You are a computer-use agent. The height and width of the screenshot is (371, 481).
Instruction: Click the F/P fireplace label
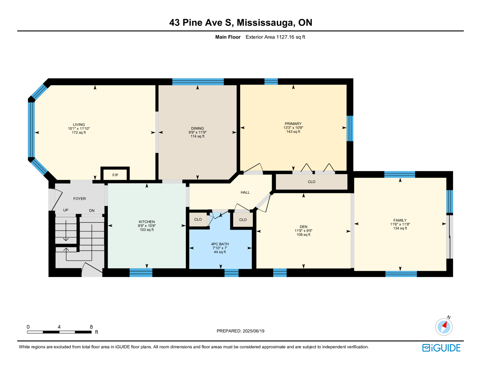click(115, 175)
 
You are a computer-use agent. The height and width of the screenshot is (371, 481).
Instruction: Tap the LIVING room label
click(79, 125)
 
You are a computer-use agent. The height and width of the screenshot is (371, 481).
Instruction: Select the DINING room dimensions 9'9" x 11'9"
click(198, 132)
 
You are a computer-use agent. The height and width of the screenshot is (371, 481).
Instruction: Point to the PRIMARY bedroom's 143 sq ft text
click(293, 132)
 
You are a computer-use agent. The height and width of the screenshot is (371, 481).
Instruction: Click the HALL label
click(245, 192)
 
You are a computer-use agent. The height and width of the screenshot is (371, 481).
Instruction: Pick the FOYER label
click(79, 199)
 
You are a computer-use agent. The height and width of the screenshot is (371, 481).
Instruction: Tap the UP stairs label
click(66, 210)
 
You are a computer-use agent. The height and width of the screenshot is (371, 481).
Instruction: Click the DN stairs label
click(92, 211)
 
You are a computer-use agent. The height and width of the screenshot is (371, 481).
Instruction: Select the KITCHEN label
click(147, 222)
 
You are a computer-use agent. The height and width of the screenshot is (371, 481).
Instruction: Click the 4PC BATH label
click(220, 244)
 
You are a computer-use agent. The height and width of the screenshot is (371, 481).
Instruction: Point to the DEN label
click(303, 227)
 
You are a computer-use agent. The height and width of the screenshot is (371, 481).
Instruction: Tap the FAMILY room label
click(400, 220)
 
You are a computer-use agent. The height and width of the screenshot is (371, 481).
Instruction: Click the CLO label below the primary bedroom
click(311, 182)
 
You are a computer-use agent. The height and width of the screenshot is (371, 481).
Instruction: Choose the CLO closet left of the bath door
click(198, 219)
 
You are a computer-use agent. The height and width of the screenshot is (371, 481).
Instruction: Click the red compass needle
click(445, 325)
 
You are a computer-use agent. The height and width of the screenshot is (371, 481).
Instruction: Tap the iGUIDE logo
click(441, 348)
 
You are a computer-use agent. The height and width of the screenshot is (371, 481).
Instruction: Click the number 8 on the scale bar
click(91, 327)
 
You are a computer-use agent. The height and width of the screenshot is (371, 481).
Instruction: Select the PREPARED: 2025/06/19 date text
click(240, 331)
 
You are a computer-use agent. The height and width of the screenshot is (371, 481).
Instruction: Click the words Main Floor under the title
click(228, 37)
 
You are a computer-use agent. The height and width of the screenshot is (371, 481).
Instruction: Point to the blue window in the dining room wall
click(198, 82)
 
